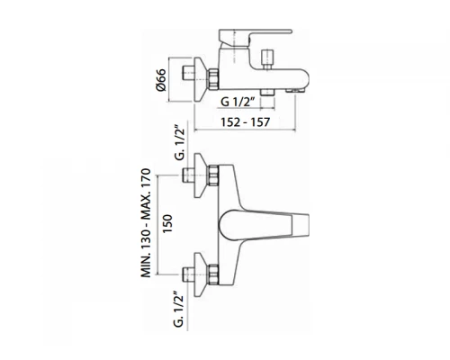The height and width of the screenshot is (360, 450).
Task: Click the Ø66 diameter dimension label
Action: point(161,80)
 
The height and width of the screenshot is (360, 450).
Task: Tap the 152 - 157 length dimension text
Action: point(245,122)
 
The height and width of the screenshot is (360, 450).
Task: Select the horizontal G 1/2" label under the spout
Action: point(238,102)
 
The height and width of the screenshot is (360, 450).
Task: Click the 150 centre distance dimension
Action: point(167,223)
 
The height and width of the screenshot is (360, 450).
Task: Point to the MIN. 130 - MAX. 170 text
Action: point(146,223)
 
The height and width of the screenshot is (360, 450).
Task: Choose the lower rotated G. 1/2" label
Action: point(179,309)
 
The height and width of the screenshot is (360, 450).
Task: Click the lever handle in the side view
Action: point(255,38)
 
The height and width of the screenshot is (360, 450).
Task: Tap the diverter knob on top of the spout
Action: point(267,59)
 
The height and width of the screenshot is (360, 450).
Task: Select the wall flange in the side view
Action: point(200,79)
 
